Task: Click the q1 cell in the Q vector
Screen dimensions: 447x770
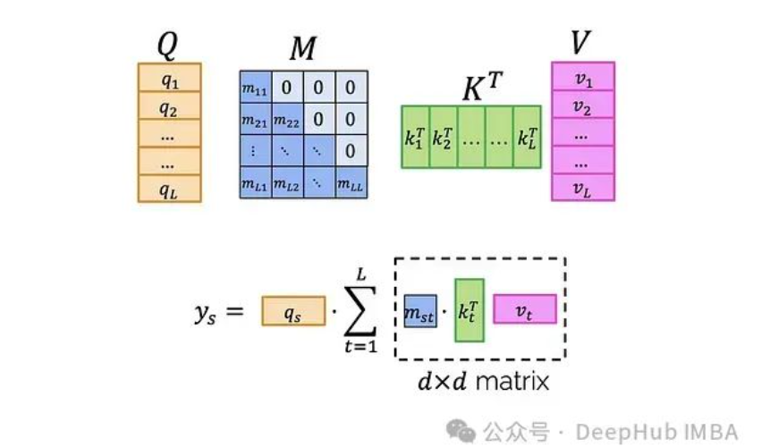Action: (169, 80)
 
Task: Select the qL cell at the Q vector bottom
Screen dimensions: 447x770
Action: (169, 188)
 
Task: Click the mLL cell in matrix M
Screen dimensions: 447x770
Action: (351, 183)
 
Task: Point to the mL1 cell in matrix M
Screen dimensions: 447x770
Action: (256, 183)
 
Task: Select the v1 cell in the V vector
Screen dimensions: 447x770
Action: (583, 79)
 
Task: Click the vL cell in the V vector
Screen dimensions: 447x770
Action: (583, 187)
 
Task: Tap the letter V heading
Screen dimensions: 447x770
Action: (582, 40)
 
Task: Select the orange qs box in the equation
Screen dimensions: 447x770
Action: (293, 309)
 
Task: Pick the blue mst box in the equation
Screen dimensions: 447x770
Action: (419, 309)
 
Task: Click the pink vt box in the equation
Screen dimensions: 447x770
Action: (524, 308)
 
